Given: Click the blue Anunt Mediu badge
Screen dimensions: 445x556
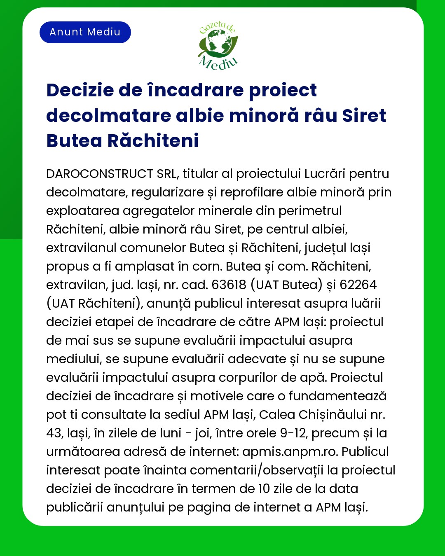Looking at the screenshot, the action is (x=85, y=32).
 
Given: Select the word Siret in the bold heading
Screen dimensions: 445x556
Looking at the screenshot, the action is (x=364, y=116).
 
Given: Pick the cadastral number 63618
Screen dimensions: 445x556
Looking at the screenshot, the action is (x=229, y=285).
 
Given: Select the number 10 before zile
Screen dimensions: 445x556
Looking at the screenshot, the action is (x=264, y=489).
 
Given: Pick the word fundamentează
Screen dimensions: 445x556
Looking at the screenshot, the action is (x=337, y=396).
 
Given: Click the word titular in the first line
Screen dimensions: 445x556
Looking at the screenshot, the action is (x=200, y=174).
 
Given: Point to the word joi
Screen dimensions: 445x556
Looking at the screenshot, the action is (x=201, y=433).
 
